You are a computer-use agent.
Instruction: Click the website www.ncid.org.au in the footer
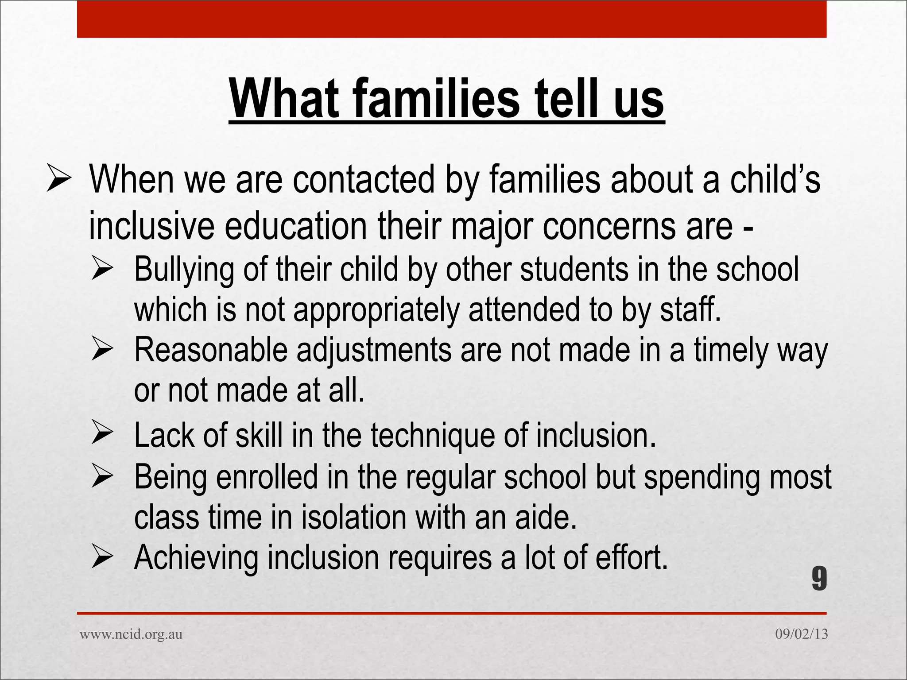point(131,634)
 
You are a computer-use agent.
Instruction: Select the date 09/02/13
point(801,634)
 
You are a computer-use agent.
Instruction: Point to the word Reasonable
point(211,350)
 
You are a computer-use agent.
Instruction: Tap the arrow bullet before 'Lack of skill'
point(102,434)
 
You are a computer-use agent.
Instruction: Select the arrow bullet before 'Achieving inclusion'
point(102,557)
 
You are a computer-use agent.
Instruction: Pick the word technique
point(432,436)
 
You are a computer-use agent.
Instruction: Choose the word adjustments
point(374,351)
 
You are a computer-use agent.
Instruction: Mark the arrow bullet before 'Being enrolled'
point(102,477)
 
